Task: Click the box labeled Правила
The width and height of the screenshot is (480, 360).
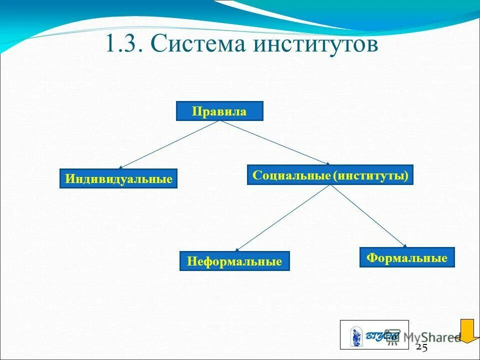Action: [x=219, y=111]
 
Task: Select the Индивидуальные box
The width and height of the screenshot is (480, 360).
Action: [x=118, y=178]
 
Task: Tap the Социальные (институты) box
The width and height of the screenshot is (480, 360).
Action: [x=330, y=175]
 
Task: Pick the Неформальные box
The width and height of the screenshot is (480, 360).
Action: [x=234, y=261]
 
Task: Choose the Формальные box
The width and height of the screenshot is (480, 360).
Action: [x=407, y=257]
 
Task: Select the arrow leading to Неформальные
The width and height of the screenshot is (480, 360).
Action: [x=282, y=218]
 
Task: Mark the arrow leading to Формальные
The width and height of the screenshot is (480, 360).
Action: [x=368, y=215]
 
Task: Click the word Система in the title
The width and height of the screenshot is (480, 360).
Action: [x=200, y=44]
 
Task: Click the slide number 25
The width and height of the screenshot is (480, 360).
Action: [x=421, y=348]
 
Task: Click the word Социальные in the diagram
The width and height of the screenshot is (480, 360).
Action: [x=291, y=175]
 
